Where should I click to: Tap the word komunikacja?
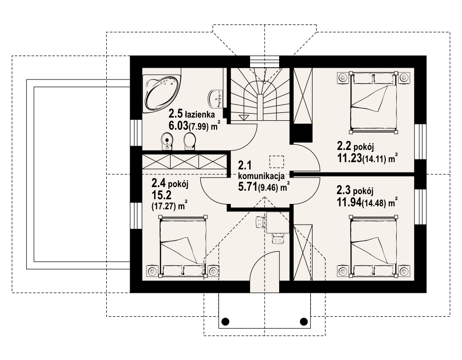coord(261,176)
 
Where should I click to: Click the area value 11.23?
coord(350,158)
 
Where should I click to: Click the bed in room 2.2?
coord(373,101)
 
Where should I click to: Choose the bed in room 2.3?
coord(373,246)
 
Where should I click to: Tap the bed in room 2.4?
coord(182,246)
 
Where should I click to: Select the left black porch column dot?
coord(225,321)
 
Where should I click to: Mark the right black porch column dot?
coord(304,321)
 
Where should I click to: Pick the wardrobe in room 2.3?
coord(303,252)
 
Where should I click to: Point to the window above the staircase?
coord(264,62)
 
